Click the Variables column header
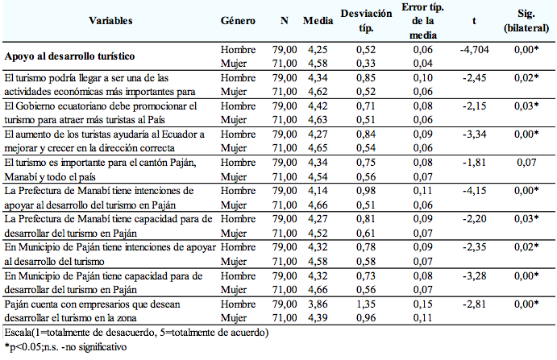[x=110, y=21]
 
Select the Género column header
[x=238, y=21]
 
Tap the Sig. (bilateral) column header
[x=526, y=21]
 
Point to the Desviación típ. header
[x=366, y=21]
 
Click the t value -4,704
[x=474, y=49]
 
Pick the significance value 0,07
[x=526, y=162]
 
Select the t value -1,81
[x=474, y=162]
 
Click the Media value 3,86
[x=318, y=304]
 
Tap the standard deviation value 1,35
[x=366, y=304]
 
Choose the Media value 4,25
[x=318, y=49]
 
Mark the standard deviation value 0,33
[x=366, y=63]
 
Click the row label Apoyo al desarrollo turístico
[x=69, y=56]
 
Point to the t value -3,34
[x=474, y=134]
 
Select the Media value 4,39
[x=318, y=318]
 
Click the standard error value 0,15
[x=422, y=304]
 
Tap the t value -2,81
[x=474, y=304]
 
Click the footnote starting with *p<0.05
[x=65, y=346]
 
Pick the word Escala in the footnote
[x=18, y=333]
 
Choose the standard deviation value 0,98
[x=366, y=191]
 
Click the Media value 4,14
[x=318, y=191]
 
